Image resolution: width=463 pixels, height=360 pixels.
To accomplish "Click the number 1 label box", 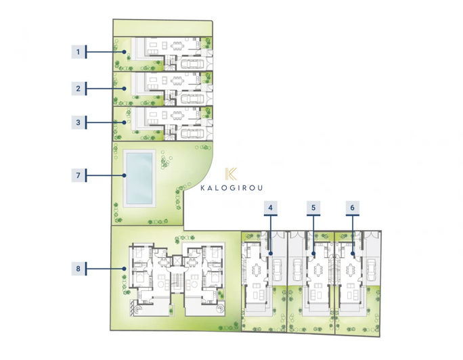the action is (x=79, y=52).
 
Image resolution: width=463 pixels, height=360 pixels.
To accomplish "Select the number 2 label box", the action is (x=79, y=89).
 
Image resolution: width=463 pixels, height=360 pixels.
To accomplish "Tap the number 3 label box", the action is (x=79, y=122).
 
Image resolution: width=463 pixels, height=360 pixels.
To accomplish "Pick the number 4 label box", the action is (x=271, y=208).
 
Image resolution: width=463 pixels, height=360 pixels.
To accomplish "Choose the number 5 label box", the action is (x=313, y=208).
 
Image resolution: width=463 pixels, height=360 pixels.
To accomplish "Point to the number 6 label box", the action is (x=352, y=208).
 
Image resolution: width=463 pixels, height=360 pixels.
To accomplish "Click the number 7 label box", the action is (x=79, y=175).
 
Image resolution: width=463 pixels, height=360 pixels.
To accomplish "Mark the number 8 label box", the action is (x=79, y=269).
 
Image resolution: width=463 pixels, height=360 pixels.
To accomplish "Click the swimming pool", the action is (x=139, y=178).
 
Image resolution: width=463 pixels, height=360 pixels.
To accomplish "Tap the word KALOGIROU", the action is (x=231, y=188).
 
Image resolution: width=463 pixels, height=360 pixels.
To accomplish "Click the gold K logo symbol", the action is (x=231, y=174).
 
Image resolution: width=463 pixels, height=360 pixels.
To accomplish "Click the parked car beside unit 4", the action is (x=278, y=270).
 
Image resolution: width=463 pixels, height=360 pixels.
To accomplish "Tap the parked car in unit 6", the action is (x=371, y=270).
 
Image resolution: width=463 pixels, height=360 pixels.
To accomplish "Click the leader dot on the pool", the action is (x=125, y=175).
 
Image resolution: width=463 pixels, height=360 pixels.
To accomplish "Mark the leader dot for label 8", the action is (x=125, y=269).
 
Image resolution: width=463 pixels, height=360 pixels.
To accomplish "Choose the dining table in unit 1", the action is (x=177, y=46).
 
